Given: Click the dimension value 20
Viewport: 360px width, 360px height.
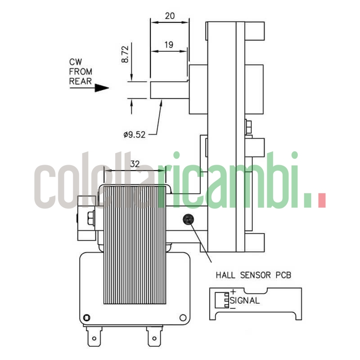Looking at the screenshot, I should click(170, 15).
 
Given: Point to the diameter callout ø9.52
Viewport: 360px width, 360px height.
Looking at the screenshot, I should click(134, 134).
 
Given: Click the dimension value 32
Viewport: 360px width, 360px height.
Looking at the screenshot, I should click(135, 164).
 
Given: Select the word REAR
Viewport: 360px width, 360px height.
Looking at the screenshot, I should click(80, 81).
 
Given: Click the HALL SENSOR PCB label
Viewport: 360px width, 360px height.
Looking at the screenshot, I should click(253, 274).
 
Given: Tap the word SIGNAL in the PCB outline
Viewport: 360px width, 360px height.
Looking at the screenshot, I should click(245, 301).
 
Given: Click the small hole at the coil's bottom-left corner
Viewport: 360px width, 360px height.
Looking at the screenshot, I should click(87, 317).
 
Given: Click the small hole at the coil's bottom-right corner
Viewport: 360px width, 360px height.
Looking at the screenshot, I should click(182, 317).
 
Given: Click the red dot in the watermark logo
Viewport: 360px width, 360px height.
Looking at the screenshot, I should click(321, 201).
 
